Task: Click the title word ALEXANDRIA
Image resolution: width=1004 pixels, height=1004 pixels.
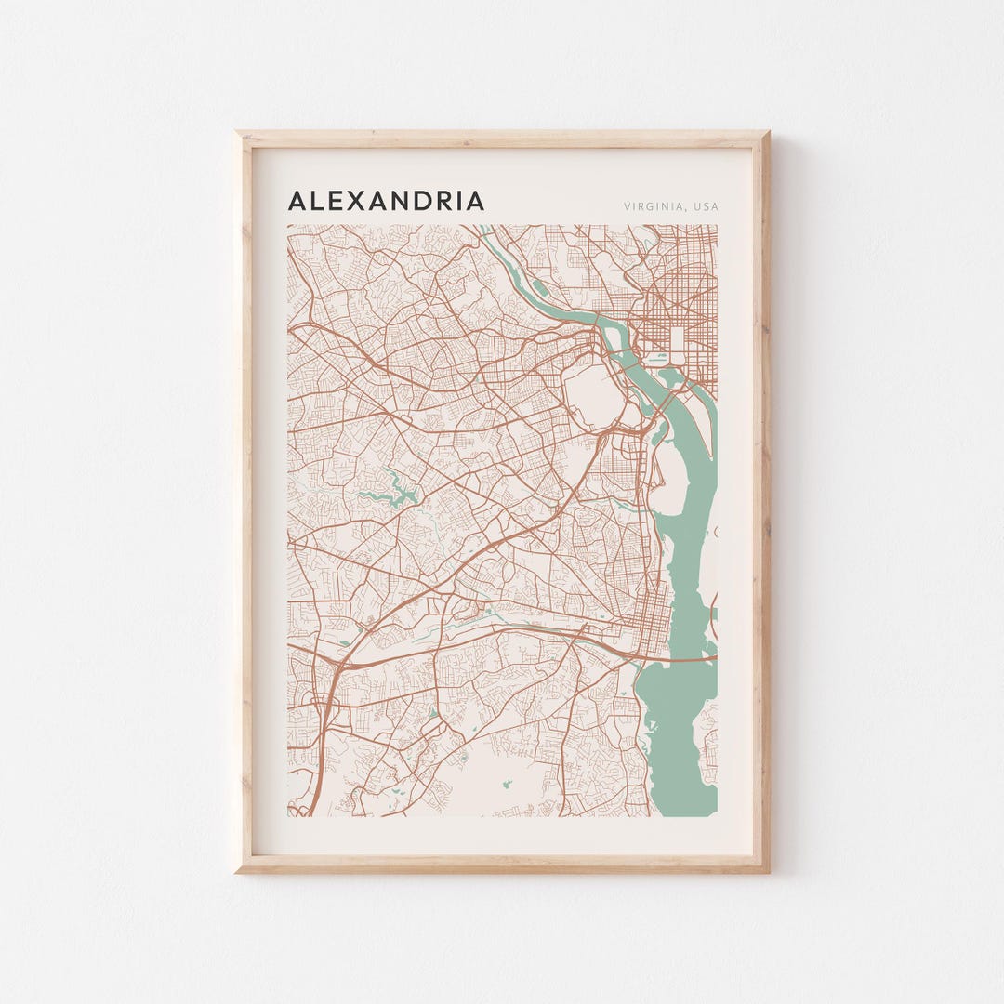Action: (x=386, y=201)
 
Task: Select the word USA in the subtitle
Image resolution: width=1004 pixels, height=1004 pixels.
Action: (x=706, y=206)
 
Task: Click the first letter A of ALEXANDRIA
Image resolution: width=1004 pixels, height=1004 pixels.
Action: (x=297, y=201)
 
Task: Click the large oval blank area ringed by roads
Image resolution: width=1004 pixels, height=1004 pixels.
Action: (x=595, y=394)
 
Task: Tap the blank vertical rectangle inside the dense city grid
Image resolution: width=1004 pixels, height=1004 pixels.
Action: (x=677, y=344)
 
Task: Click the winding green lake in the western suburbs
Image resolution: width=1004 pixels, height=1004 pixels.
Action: (x=390, y=492)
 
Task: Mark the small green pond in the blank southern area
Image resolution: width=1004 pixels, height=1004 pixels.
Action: (x=507, y=784)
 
